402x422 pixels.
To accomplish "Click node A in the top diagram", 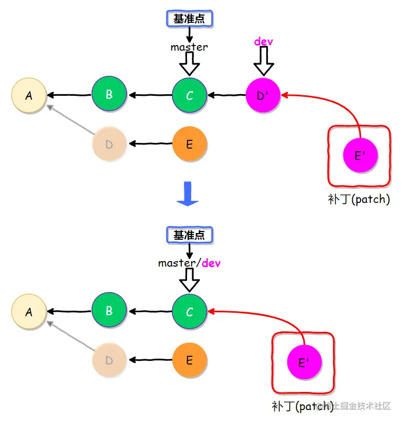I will click(x=29, y=95).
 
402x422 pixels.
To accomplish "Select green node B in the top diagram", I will click(x=109, y=94).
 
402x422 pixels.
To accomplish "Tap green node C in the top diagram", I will click(x=190, y=95).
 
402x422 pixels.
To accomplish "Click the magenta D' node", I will click(x=263, y=95).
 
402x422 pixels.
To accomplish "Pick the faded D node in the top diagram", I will click(x=109, y=144).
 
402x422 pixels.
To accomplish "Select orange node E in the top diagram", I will click(x=190, y=144).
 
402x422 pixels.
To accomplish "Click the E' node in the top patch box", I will click(x=361, y=155).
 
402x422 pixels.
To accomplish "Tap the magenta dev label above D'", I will click(x=264, y=41).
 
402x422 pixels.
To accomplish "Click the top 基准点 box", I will click(x=189, y=19).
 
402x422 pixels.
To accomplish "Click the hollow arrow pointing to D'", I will click(x=264, y=62).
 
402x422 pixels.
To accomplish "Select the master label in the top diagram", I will click(x=189, y=47).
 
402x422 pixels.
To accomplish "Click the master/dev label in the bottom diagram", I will click(x=189, y=263).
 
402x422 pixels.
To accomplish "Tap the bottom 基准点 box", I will click(x=189, y=235).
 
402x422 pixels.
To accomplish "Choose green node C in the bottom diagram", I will click(x=190, y=312).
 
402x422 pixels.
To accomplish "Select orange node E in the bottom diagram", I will click(x=190, y=360).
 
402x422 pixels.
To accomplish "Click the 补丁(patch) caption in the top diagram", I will click(x=358, y=199).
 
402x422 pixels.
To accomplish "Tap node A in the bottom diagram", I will click(x=29, y=312).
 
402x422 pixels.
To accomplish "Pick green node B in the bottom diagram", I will click(x=109, y=311).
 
